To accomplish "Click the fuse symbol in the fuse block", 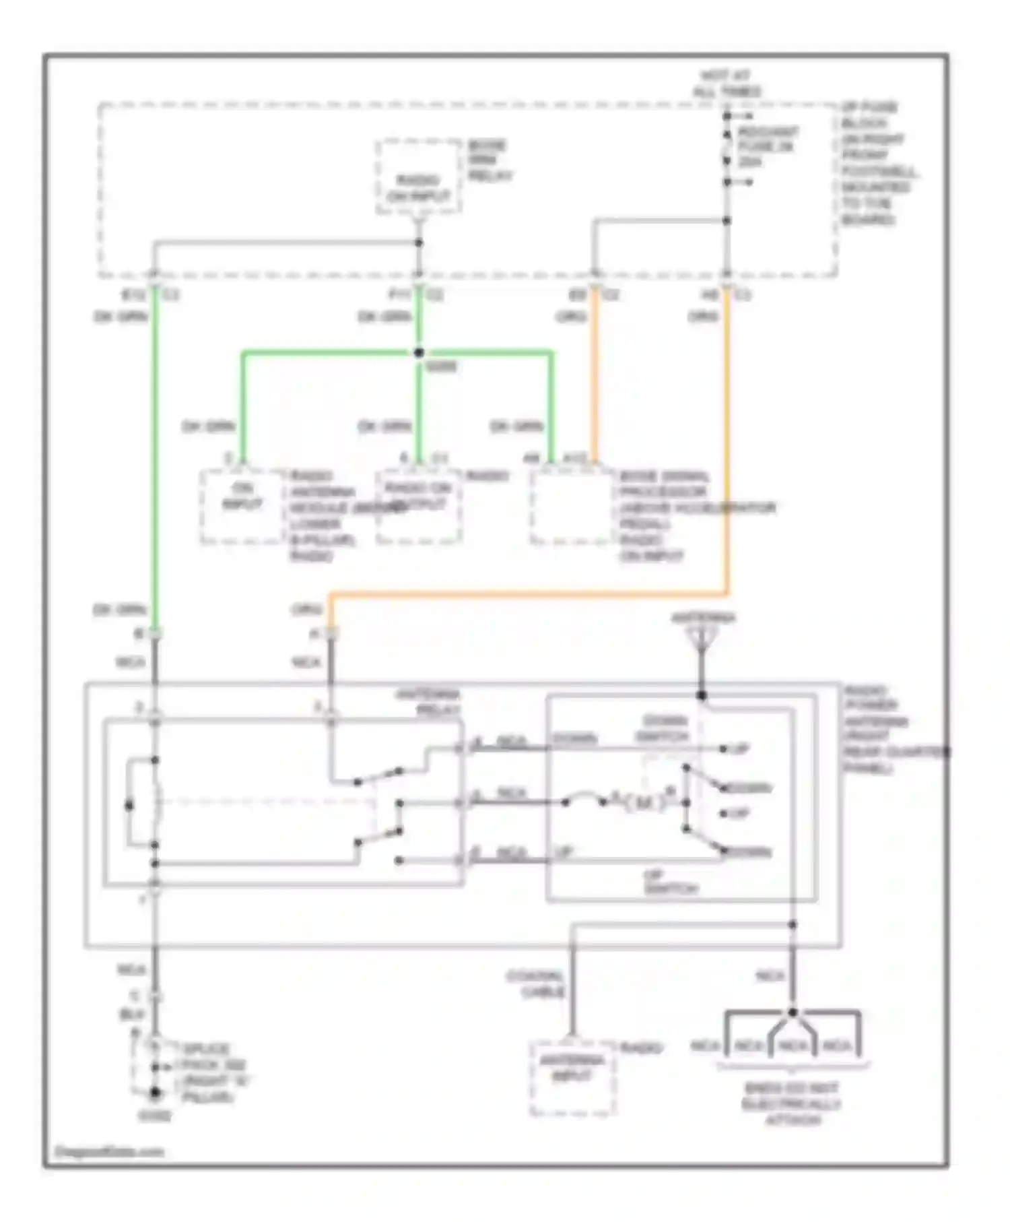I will click(x=727, y=148).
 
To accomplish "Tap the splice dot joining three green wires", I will click(x=419, y=352).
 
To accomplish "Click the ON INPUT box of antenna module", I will click(x=242, y=507).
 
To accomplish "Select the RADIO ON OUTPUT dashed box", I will click(x=419, y=507).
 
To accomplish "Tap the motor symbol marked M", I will click(x=643, y=803).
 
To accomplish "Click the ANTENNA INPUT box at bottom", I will click(x=572, y=1078).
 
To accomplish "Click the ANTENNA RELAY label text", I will click(x=428, y=702).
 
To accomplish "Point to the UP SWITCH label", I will click(x=669, y=882).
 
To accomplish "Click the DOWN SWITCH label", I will click(x=663, y=728).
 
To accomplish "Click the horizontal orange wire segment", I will click(x=525, y=595).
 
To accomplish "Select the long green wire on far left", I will click(x=155, y=458).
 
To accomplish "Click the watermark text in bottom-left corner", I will click(x=109, y=1152).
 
